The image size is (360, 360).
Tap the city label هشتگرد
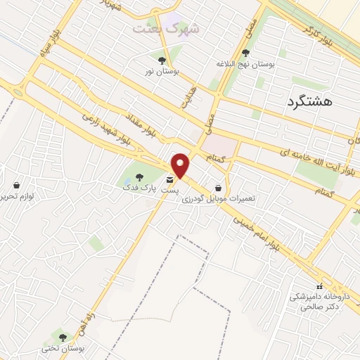(309, 102)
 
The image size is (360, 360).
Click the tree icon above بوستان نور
(162, 60)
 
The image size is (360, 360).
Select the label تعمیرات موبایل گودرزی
(219, 199)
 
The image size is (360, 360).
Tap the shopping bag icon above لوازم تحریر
(16, 186)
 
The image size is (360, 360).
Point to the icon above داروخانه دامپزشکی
(319, 286)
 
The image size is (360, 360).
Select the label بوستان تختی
(63, 348)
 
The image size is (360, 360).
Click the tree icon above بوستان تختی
(63, 337)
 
